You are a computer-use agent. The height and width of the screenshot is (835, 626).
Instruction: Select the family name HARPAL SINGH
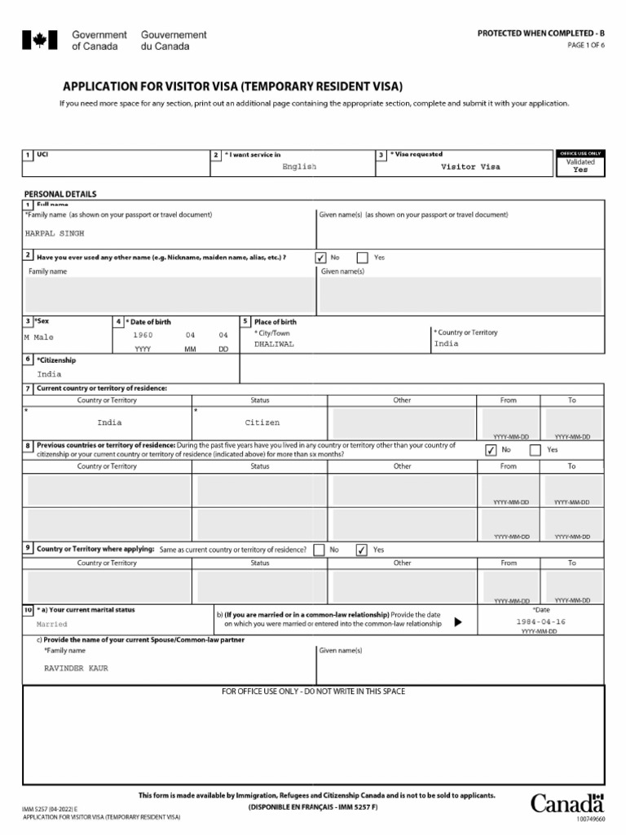click(x=55, y=232)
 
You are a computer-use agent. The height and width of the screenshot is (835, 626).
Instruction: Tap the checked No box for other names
click(x=321, y=258)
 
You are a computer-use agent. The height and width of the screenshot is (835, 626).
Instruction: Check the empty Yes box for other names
click(x=363, y=258)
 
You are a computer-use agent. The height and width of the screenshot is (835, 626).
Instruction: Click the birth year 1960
click(x=143, y=335)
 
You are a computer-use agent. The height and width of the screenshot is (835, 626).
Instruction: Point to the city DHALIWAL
click(x=274, y=344)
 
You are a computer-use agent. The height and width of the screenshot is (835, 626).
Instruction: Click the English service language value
click(x=299, y=166)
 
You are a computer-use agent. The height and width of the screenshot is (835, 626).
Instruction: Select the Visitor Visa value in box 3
click(x=470, y=166)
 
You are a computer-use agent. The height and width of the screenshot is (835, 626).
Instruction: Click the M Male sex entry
click(x=38, y=337)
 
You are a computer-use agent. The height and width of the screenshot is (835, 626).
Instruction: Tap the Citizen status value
click(x=262, y=422)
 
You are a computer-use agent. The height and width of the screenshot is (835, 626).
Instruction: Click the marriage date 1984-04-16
click(x=540, y=621)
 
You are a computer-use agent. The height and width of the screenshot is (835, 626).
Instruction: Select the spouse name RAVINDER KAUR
click(x=75, y=668)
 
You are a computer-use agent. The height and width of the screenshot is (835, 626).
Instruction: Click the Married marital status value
click(x=52, y=624)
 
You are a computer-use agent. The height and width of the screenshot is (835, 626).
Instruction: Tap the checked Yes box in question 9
click(x=362, y=550)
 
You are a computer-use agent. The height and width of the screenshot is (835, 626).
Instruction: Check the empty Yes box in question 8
click(x=536, y=449)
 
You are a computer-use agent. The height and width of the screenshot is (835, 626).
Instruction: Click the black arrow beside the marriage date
click(x=457, y=622)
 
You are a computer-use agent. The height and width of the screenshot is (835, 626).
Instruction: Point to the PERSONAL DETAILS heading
click(x=60, y=194)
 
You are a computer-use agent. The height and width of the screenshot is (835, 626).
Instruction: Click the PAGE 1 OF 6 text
click(x=586, y=45)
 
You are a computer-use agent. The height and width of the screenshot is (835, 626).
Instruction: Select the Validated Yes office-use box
click(x=580, y=166)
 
